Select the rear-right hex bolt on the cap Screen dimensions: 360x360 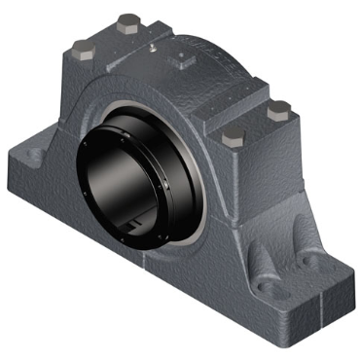[278, 109]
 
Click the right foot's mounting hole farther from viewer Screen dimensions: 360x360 [313, 261]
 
